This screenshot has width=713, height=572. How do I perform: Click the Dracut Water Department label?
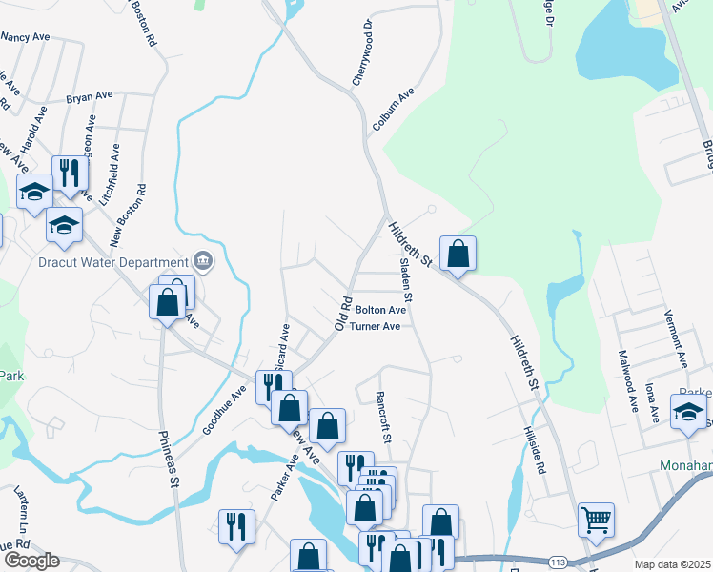pyautogui.click(x=112, y=262)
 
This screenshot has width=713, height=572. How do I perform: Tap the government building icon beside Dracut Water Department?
pyautogui.click(x=202, y=260)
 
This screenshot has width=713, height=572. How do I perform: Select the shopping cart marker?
pyautogui.click(x=596, y=521)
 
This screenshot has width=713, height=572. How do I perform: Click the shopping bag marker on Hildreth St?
pyautogui.click(x=458, y=255)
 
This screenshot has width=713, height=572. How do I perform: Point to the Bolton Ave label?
pyautogui.click(x=381, y=310)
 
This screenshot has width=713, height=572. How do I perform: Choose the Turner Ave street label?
pyautogui.click(x=375, y=326)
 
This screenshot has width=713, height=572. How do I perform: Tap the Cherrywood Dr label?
pyautogui.click(x=360, y=52)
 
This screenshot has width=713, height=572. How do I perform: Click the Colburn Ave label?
pyautogui.click(x=395, y=110)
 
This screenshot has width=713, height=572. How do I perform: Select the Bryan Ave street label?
pyautogui.click(x=90, y=96)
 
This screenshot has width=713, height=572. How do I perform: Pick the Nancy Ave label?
pyautogui.click(x=26, y=37)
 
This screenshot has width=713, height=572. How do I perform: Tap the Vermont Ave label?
pyautogui.click(x=680, y=344)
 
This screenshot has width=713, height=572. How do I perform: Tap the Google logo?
pyautogui.click(x=31, y=561)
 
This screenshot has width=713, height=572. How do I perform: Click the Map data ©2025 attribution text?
pyautogui.click(x=672, y=564)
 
